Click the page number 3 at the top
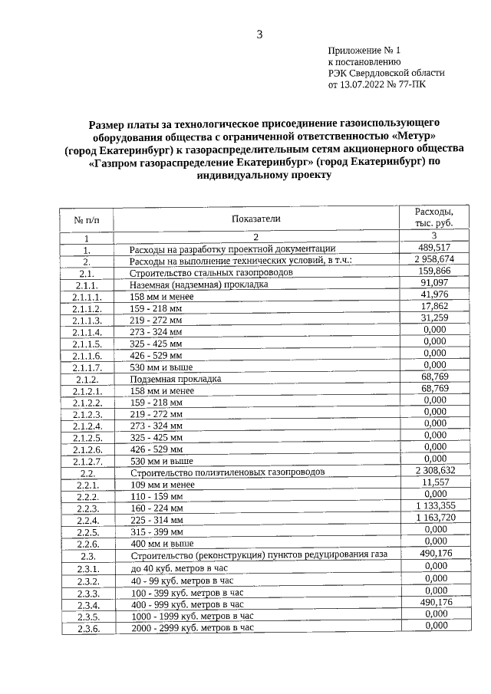click(259, 34)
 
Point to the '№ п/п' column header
click(87, 220)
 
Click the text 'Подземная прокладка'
click(176, 379)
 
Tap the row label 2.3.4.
click(87, 605)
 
